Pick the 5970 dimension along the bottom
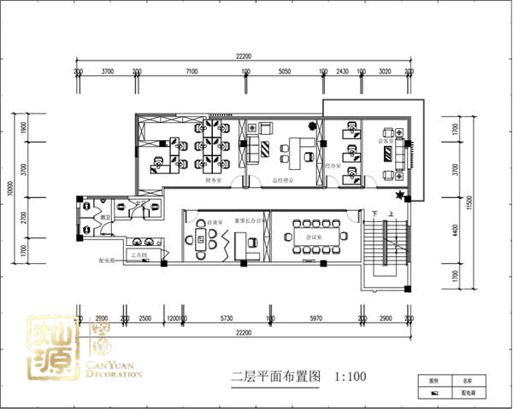[313, 318]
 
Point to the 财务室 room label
[214, 180]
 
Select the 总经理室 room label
[283, 180]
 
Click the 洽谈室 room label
[202, 220]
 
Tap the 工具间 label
[139, 254]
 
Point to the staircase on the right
[386, 252]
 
